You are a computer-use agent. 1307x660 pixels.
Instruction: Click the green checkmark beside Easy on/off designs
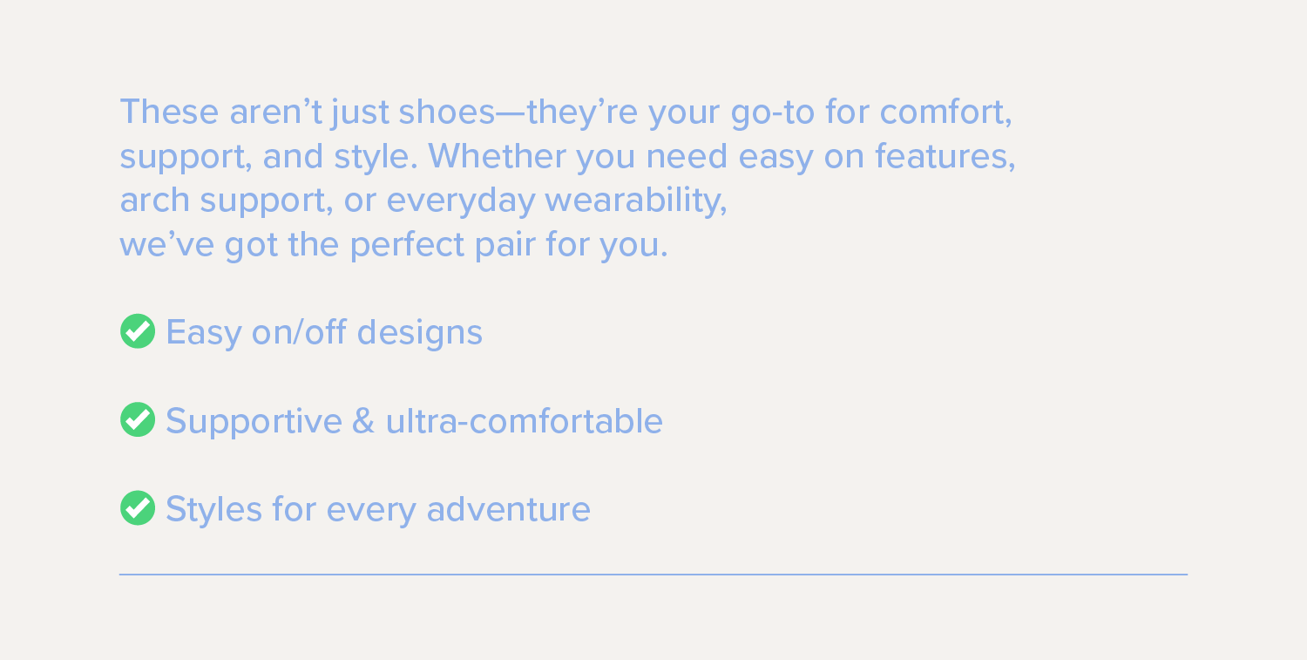pyautogui.click(x=138, y=331)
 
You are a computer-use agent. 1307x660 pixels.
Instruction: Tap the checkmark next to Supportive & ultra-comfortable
pyautogui.click(x=138, y=419)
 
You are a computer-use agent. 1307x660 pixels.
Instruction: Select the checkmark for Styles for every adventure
pyautogui.click(x=138, y=507)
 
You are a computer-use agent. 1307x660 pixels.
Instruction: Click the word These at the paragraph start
pyautogui.click(x=169, y=112)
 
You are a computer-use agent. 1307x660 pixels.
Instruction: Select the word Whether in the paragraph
pyautogui.click(x=497, y=156)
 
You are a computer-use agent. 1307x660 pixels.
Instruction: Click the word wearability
pyautogui.click(x=635, y=201)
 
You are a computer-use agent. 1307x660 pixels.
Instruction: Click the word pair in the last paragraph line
pyautogui.click(x=505, y=246)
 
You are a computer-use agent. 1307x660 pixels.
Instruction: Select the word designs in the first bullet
pyautogui.click(x=419, y=333)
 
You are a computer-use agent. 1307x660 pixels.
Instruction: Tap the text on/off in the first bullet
pyautogui.click(x=299, y=332)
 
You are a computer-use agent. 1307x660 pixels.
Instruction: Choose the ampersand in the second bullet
pyautogui.click(x=363, y=420)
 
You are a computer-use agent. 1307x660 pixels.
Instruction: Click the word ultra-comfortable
pyautogui.click(x=524, y=420)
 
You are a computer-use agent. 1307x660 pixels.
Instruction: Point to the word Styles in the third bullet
pyautogui.click(x=213, y=509)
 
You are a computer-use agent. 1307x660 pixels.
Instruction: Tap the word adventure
pyautogui.click(x=508, y=508)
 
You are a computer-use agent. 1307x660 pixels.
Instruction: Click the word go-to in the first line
pyautogui.click(x=773, y=112)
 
